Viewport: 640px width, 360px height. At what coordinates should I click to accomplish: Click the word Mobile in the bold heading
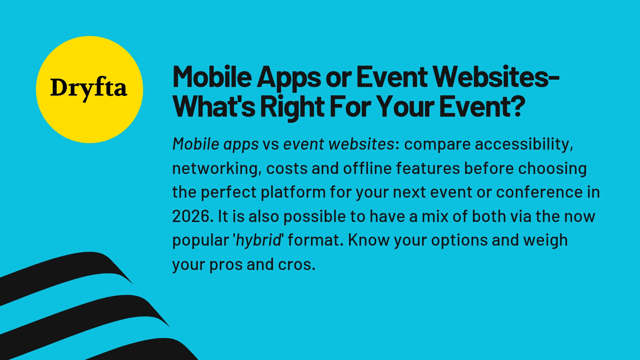click(x=212, y=77)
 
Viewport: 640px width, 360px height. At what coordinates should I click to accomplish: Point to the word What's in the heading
click(x=214, y=107)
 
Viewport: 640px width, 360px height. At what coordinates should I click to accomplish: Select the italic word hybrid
click(x=259, y=240)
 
